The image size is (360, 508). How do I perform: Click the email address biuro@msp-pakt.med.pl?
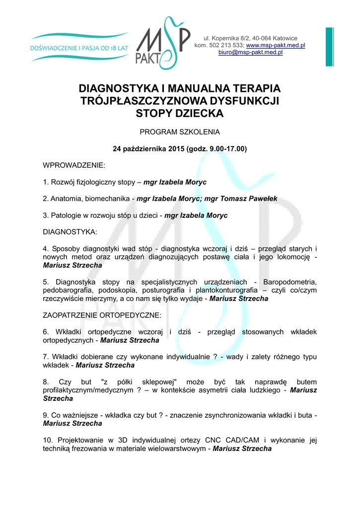point(250,52)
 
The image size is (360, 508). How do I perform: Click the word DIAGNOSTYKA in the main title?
point(118,89)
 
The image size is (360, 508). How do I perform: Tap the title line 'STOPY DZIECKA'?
point(180,114)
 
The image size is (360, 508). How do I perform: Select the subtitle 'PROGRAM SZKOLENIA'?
point(180,132)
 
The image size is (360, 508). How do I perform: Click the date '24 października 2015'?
point(148,148)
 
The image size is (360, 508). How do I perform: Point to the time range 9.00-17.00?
point(228,148)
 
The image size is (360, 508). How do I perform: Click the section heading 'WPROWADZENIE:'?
point(74,165)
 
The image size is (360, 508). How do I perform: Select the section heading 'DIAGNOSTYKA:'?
point(70,232)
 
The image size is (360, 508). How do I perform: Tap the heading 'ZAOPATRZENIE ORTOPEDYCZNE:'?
point(102,315)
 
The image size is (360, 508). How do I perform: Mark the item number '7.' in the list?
point(46,357)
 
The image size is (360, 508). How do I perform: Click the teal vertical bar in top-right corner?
point(330,47)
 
